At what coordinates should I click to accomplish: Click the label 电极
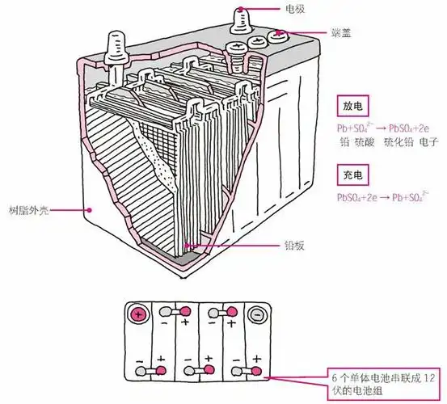click(295, 8)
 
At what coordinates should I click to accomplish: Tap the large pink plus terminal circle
click(138, 314)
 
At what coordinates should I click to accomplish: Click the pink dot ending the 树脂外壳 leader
click(91, 208)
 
